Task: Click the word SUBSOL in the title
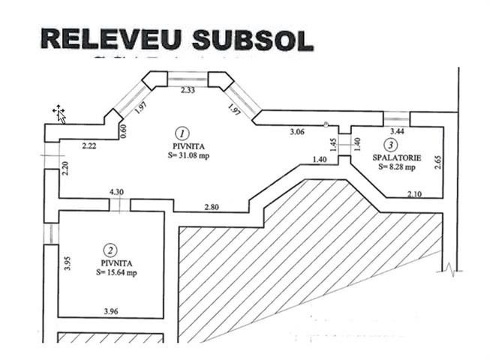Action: point(252,40)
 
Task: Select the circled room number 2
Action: point(110,250)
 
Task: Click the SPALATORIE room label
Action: point(397,158)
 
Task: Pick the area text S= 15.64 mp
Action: point(116,273)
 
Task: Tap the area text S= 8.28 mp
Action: point(397,167)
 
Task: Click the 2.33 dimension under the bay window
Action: point(188,90)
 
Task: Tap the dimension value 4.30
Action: point(116,192)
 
